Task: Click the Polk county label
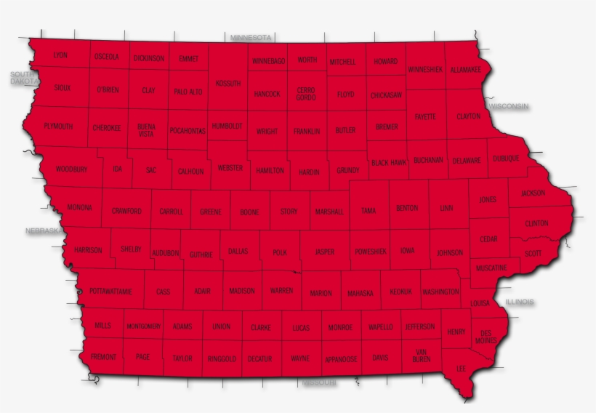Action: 281,252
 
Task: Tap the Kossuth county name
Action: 228,84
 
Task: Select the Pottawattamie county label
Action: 110,292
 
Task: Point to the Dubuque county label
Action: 506,159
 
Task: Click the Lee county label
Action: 461,369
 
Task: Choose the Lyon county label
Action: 60,55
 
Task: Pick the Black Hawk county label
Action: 389,163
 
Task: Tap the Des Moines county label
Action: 486,337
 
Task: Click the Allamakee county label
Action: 465,70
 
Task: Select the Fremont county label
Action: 102,358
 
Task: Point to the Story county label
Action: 289,212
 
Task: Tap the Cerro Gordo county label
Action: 306,94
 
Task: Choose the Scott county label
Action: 533,254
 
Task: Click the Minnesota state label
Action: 251,37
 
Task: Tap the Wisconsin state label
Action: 509,106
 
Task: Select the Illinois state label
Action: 520,301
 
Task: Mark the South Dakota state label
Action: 23,79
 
